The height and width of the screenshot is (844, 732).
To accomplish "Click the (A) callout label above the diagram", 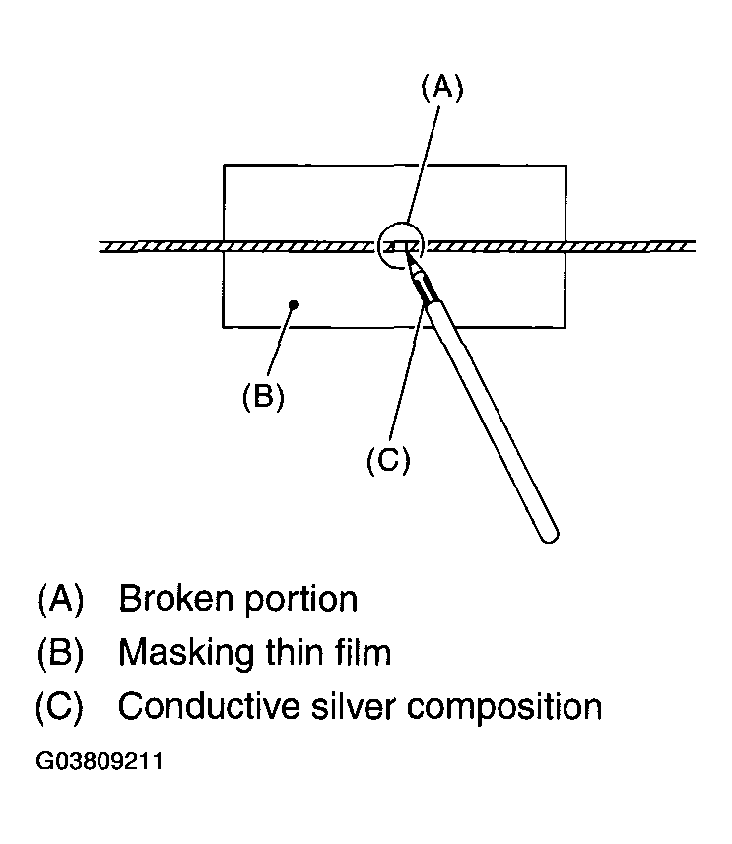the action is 441,89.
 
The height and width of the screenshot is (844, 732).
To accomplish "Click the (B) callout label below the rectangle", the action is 263,397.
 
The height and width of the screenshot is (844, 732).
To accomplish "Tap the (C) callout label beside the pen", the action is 388,460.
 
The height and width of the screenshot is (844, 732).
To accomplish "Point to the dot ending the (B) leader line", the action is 294,305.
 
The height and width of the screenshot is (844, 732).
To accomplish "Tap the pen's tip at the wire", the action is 405,252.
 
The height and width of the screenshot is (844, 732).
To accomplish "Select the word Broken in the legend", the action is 176,598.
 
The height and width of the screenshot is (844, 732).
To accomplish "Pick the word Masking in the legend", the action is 186,653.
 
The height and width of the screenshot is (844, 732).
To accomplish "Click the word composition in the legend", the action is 504,708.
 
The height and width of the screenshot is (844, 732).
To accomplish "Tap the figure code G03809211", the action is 100,761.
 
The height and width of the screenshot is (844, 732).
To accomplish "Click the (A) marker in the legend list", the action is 61,599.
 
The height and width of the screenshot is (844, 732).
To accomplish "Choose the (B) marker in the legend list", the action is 61,652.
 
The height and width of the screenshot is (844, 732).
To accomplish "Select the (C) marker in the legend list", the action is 60,706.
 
